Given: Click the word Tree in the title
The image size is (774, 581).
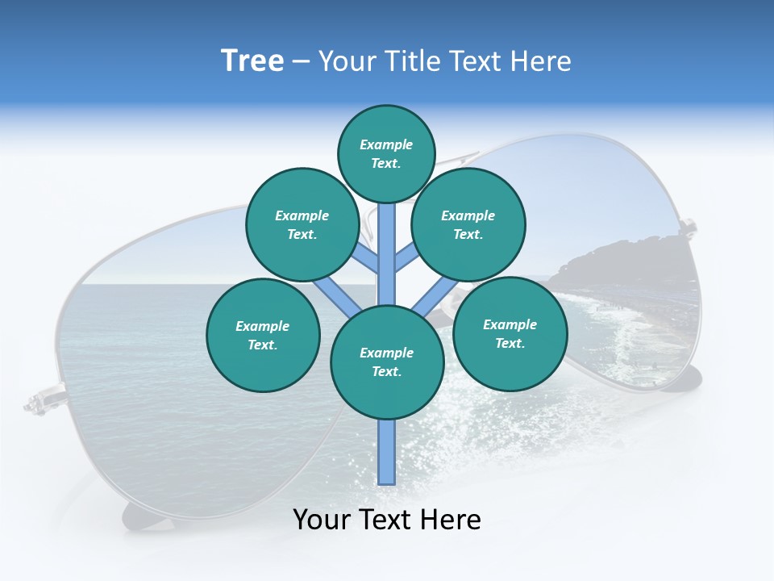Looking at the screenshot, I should pyautogui.click(x=252, y=61).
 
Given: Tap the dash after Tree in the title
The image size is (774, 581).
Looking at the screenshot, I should pyautogui.click(x=300, y=62).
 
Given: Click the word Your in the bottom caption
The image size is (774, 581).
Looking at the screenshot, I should pyautogui.click(x=321, y=520).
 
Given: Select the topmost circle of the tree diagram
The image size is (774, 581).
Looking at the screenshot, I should pyautogui.click(x=386, y=153).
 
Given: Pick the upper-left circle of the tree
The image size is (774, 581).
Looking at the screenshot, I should pyautogui.click(x=302, y=224).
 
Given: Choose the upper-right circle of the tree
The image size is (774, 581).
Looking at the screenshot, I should pyautogui.click(x=468, y=224).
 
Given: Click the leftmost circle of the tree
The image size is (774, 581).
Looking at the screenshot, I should pyautogui.click(x=263, y=335).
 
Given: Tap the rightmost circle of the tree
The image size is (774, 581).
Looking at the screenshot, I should pyautogui.click(x=510, y=333).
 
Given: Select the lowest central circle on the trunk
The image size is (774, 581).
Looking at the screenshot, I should pyautogui.click(x=387, y=362).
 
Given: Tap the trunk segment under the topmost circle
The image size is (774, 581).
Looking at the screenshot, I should pyautogui.click(x=387, y=242).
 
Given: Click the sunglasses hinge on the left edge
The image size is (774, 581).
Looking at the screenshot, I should pyautogui.click(x=36, y=401).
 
